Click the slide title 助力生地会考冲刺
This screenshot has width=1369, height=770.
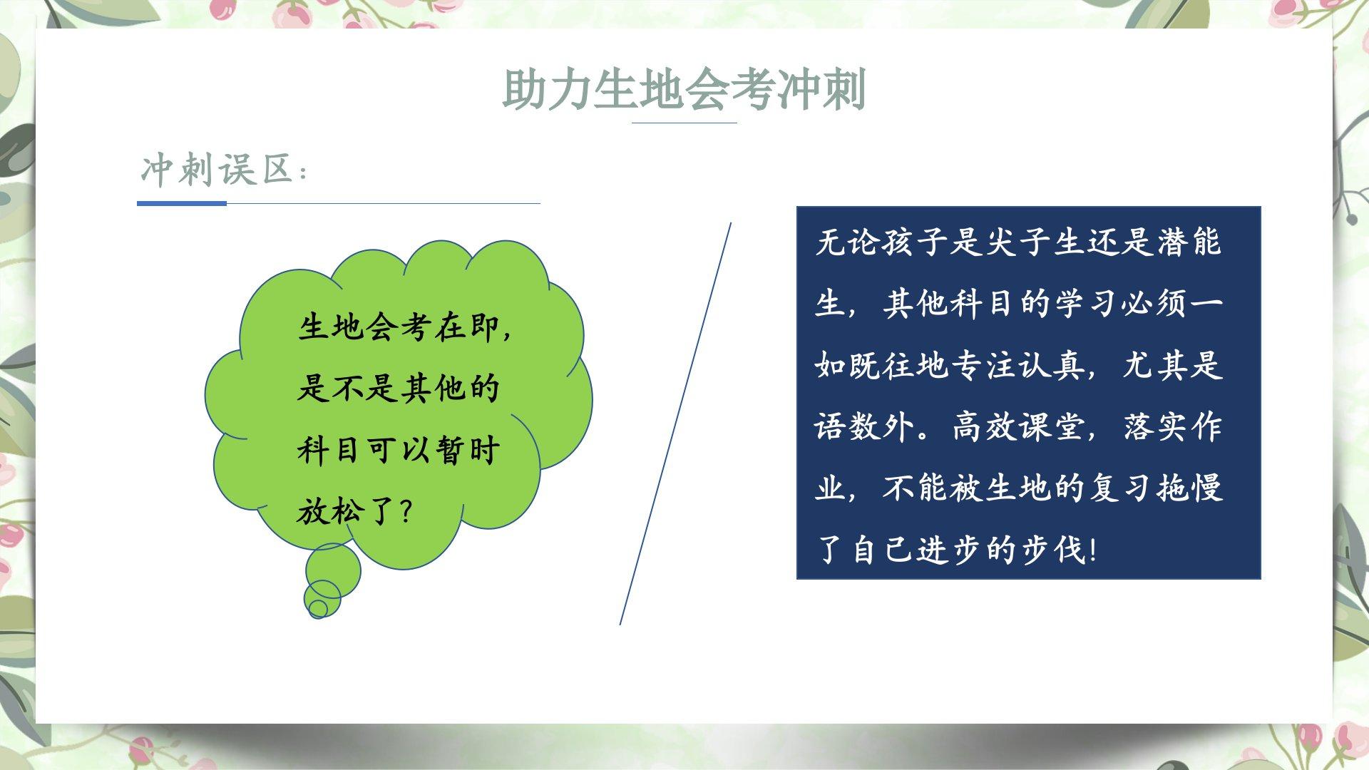pos(684,90)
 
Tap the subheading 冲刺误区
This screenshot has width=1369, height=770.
pos(217,170)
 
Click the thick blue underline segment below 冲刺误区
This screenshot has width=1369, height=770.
pos(182,203)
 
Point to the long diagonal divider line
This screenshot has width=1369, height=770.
pos(675,423)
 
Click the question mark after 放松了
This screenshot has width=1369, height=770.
pos(407,511)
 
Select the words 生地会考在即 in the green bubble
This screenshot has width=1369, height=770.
pos(398,327)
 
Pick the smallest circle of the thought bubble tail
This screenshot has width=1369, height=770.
pos(318,608)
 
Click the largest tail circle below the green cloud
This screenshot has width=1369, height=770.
pos(333,571)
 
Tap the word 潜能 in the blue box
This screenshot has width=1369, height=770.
pos(1189,242)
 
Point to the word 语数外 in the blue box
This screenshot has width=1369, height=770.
pos(863,427)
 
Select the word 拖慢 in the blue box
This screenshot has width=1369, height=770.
pos(1189,488)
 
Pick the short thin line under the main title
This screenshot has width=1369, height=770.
pos(684,123)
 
